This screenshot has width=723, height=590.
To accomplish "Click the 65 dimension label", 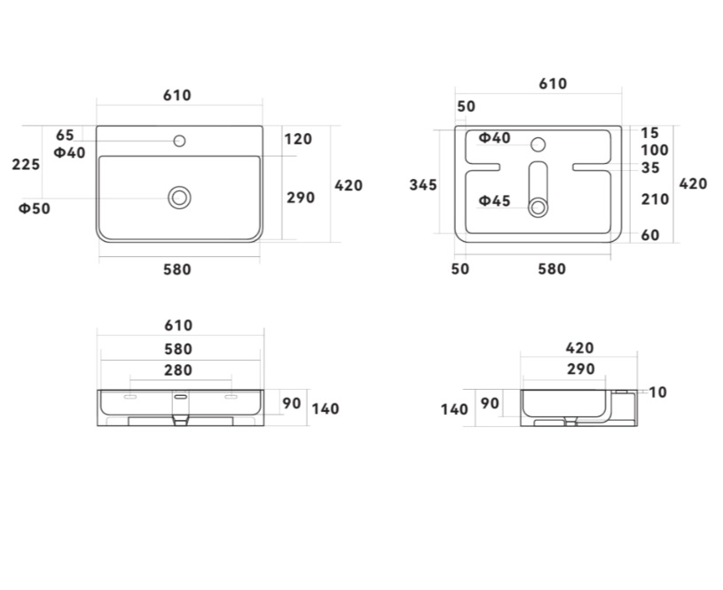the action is coord(65,136).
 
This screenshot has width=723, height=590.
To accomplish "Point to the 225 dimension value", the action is coord(26,165).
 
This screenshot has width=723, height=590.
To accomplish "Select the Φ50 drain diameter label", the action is coord(34,209).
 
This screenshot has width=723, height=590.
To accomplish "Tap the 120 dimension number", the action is coord(298,139).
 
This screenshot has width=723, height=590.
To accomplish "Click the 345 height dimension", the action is coord(423,185).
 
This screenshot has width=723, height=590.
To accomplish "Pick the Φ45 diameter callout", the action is coord(494,201).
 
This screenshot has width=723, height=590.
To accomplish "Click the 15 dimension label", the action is coord(650,133).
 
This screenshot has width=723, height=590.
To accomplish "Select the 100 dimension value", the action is coord(655,150).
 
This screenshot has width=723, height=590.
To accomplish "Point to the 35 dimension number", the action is coord(650,168).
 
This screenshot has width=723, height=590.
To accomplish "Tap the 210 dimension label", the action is coord(656,199).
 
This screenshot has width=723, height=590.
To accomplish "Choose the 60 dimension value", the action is coord(650,236).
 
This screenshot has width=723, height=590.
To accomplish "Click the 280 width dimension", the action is coord(178,370).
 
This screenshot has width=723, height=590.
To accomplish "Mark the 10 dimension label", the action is coord(657,392).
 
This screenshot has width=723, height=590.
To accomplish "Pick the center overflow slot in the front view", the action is coord(180,396).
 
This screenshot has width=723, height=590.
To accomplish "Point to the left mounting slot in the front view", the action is coord(130,397).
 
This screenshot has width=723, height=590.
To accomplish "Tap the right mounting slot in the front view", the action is coord(231,397).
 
